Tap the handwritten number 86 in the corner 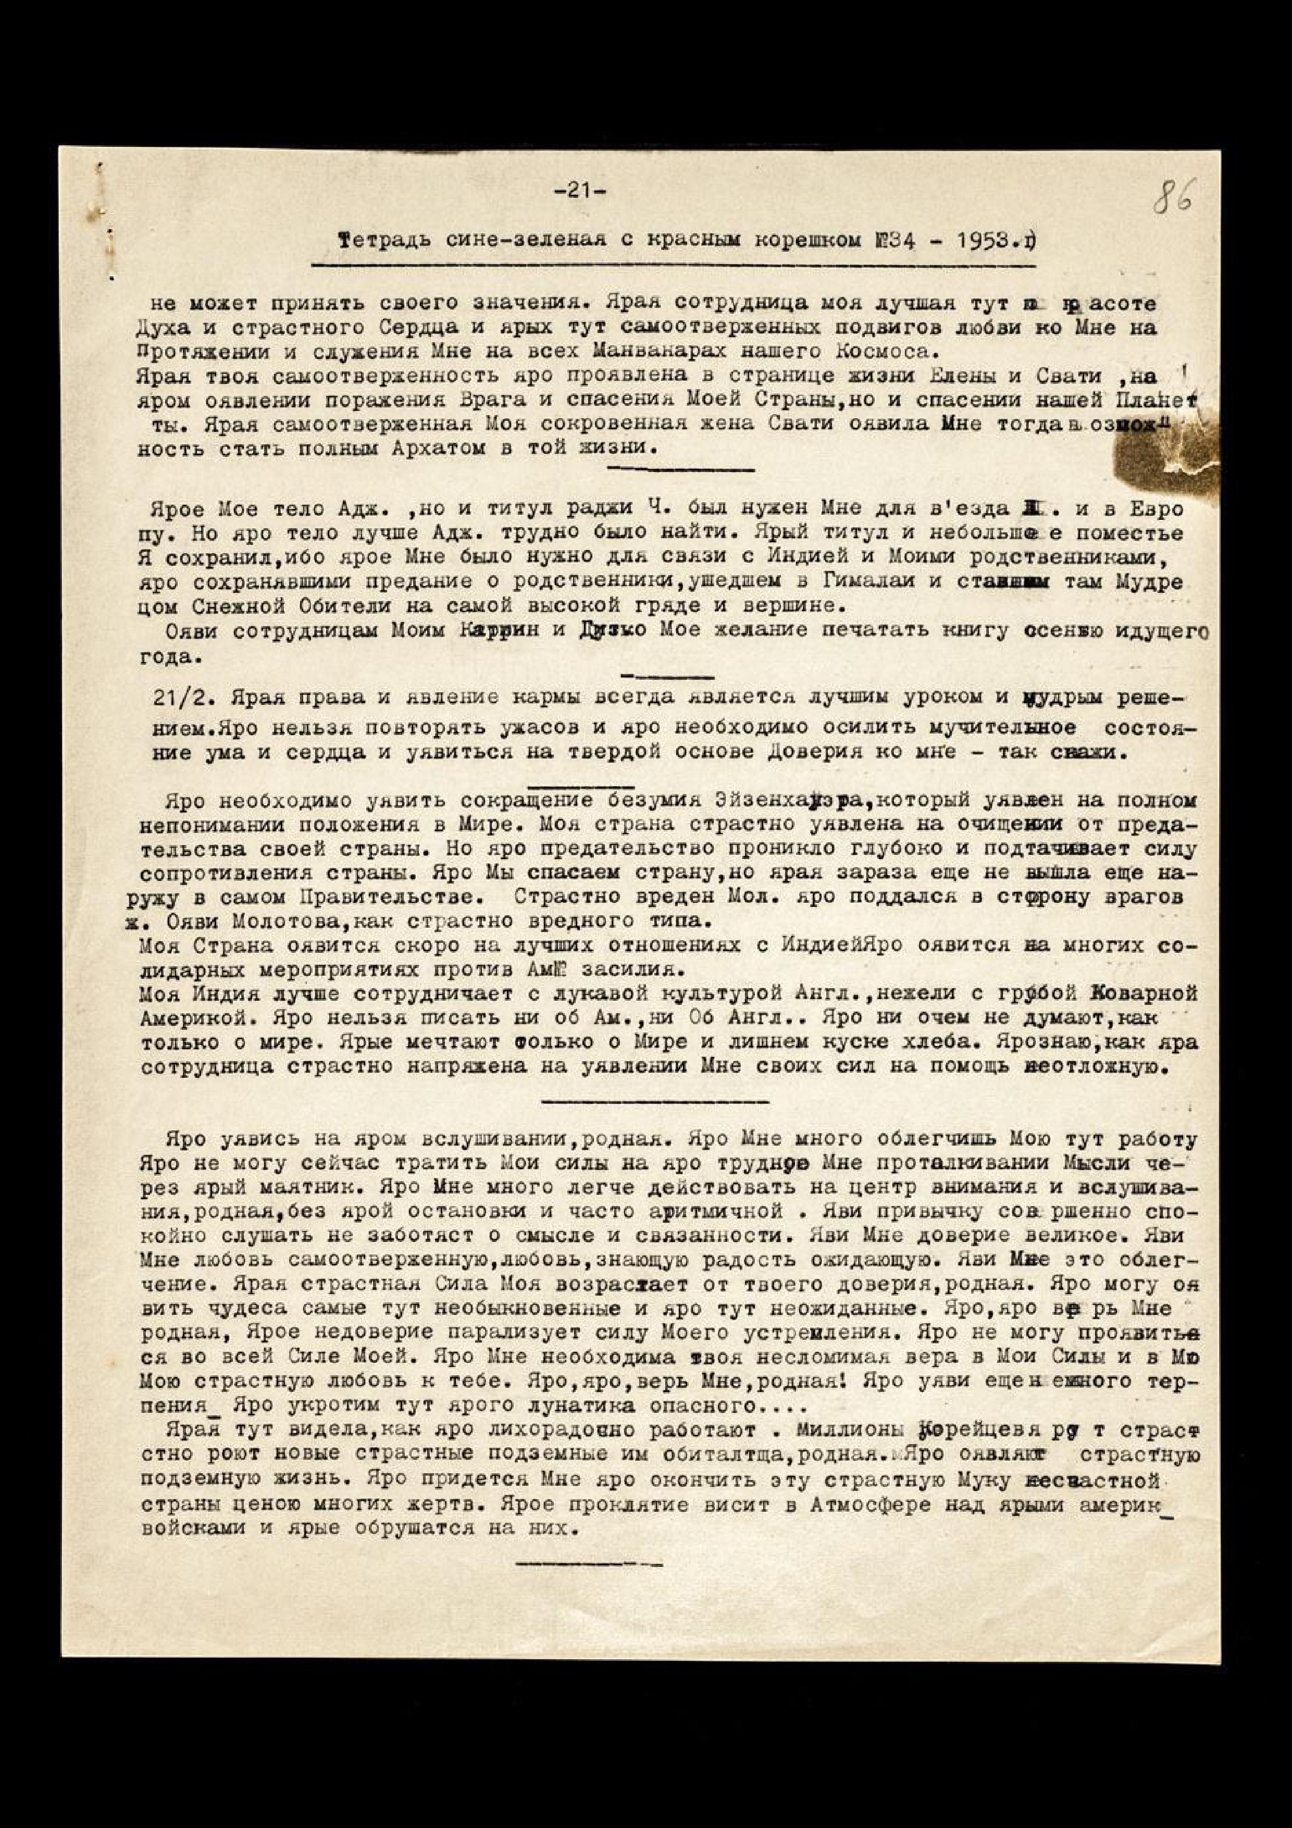tap(1175, 195)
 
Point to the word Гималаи tap(861, 582)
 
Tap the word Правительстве tap(391, 897)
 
